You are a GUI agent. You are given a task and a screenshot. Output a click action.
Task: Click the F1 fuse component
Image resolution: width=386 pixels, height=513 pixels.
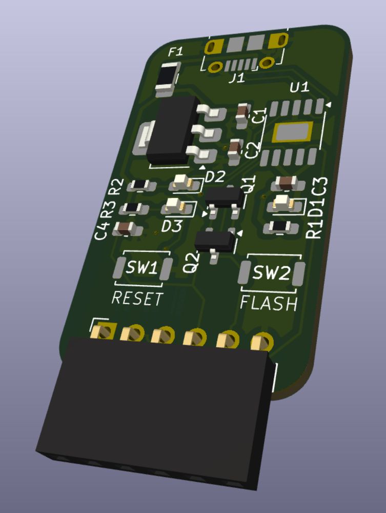tap(168, 80)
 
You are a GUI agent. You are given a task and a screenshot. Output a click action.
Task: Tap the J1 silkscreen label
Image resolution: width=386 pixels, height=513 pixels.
tap(237, 78)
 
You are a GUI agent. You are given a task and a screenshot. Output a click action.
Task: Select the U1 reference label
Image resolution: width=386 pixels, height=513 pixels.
tap(300, 87)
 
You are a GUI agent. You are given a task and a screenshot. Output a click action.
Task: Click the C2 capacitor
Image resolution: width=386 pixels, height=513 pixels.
tap(235, 151)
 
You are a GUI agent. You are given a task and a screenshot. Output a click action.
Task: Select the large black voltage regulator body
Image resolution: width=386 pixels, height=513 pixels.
tap(172, 130)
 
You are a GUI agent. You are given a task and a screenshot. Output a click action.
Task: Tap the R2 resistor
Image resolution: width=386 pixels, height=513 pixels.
tap(141, 185)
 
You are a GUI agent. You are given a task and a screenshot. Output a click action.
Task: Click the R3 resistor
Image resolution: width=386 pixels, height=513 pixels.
tap(134, 208)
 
